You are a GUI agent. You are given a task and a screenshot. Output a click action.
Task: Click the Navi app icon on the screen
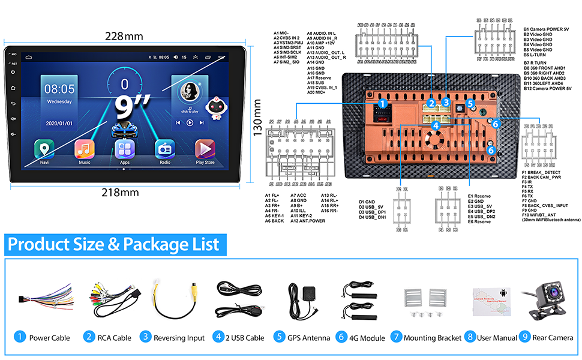click(x=44, y=148)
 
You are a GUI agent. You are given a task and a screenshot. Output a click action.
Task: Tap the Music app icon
click(x=85, y=148)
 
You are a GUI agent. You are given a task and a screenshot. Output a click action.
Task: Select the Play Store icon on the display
click(x=205, y=148)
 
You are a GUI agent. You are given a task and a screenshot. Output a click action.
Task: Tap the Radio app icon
click(x=165, y=148)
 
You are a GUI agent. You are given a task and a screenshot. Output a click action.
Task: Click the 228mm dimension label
click(x=124, y=35)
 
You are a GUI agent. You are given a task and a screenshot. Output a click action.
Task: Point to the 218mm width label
click(x=125, y=193)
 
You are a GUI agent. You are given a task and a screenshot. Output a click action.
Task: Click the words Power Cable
click(x=50, y=338)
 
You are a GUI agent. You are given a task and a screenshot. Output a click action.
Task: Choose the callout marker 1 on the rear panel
click(x=382, y=104)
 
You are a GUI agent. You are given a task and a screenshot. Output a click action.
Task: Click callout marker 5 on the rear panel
click(x=471, y=103)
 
